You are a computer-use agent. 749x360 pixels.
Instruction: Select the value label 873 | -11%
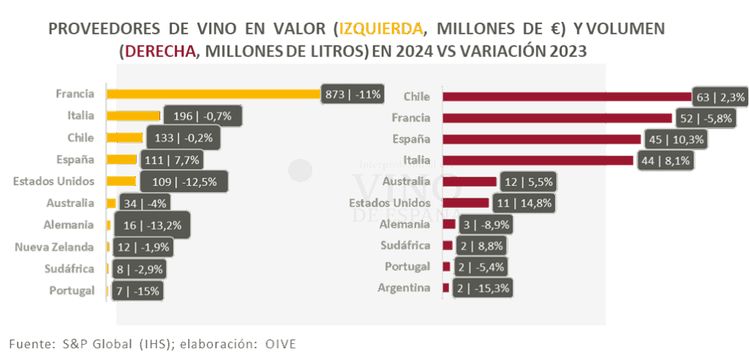(x=353, y=94)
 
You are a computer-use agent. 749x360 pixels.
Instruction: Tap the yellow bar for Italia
(x=133, y=116)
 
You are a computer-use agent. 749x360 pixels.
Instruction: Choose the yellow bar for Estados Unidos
(x=121, y=181)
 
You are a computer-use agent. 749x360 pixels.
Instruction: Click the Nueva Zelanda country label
(x=55, y=247)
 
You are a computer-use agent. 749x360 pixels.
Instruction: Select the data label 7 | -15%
(x=137, y=291)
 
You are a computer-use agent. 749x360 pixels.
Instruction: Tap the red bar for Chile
(x=568, y=97)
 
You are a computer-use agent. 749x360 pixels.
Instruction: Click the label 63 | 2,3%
(x=720, y=97)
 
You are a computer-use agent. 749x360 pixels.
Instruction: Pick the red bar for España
(x=542, y=139)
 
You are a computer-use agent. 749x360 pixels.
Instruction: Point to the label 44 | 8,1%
(x=664, y=160)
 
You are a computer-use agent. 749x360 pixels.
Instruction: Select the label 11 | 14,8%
(x=523, y=203)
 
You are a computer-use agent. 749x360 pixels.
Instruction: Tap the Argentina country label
(x=404, y=288)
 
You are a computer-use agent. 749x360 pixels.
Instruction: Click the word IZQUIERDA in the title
(x=382, y=29)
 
